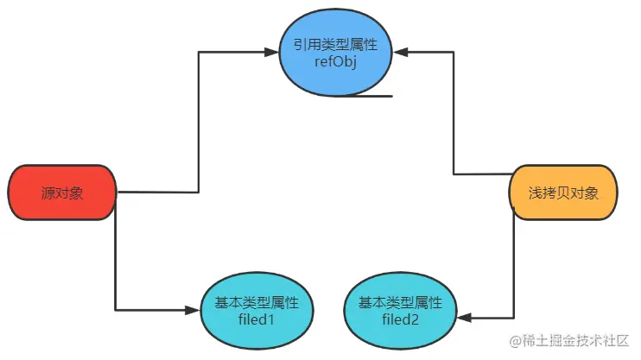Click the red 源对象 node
(x=62, y=192)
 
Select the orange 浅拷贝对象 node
(x=565, y=192)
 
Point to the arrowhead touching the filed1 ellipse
(x=194, y=309)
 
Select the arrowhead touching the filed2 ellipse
(x=463, y=318)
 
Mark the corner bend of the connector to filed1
(x=116, y=309)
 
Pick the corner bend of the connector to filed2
(x=516, y=318)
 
